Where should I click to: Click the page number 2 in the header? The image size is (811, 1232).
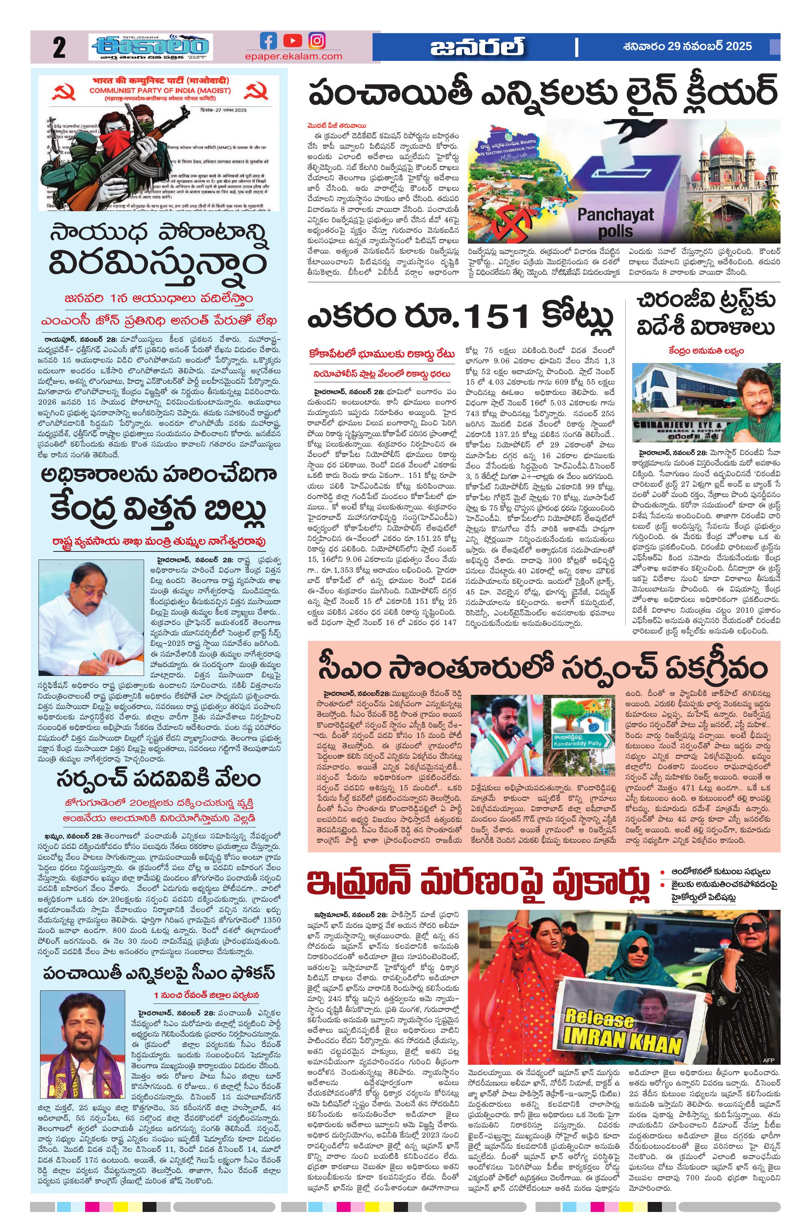[59, 48]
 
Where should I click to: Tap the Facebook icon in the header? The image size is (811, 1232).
[268, 40]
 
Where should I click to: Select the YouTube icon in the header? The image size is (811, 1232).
[292, 40]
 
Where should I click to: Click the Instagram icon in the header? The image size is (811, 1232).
[317, 40]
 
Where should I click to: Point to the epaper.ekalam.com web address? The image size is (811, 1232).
[293, 56]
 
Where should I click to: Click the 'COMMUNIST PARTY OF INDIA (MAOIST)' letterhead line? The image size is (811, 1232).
[160, 91]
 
